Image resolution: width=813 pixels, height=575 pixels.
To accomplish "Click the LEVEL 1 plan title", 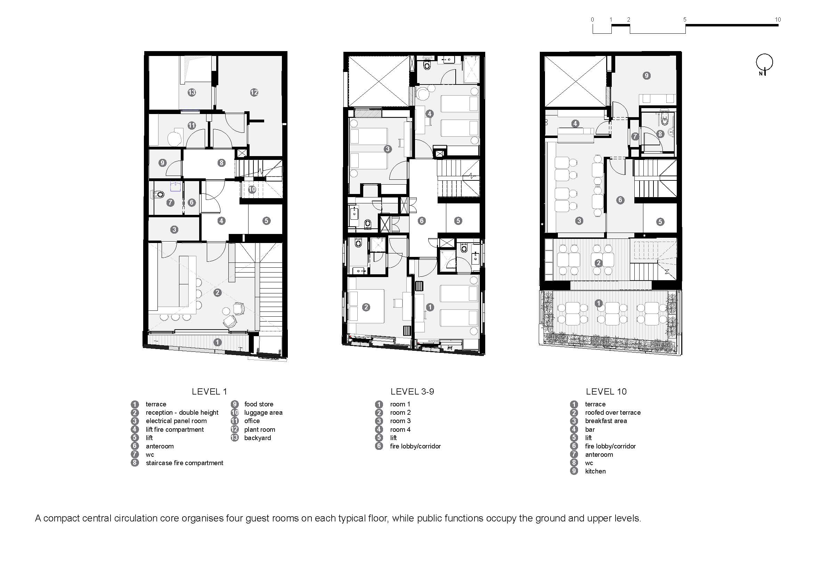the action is (x=209, y=391).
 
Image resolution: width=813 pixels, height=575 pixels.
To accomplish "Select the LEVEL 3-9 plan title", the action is (x=412, y=391).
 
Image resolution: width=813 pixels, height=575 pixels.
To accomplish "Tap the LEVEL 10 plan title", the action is (x=606, y=391).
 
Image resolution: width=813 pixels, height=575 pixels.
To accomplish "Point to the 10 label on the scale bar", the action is (x=778, y=19).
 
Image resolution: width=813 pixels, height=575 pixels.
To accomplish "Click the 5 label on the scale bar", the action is (x=685, y=19).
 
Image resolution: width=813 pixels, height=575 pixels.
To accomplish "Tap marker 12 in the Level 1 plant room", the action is (x=254, y=92).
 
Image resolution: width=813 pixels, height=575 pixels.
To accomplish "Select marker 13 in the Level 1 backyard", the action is (x=192, y=92).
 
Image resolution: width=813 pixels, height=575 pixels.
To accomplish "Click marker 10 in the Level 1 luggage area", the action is (x=252, y=189).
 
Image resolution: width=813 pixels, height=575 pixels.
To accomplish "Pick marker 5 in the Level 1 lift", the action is (x=266, y=221).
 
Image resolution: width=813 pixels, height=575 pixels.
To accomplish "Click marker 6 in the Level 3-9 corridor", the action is (x=421, y=221).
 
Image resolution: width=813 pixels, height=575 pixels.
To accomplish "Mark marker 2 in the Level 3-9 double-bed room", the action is (x=366, y=307).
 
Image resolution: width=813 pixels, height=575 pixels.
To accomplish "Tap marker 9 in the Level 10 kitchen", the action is (x=646, y=75).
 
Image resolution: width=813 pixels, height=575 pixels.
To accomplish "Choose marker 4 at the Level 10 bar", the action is (x=575, y=123).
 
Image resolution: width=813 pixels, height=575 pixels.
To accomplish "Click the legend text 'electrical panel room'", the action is (x=176, y=421).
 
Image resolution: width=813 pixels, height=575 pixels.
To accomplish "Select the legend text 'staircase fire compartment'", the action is (x=185, y=463).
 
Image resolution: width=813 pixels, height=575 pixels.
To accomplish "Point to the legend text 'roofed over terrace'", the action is (x=612, y=413).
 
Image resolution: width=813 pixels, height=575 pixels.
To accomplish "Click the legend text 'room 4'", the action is (x=400, y=429).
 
